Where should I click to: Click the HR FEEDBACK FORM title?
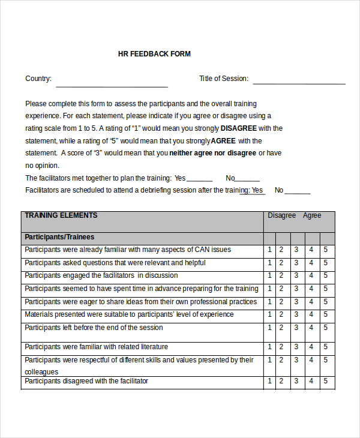coord(154,54)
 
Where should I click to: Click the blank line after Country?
coord(112,85)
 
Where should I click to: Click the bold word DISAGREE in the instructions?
coord(239,128)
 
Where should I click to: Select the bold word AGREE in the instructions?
coord(223,141)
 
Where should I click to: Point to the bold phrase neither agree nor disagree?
coord(213,153)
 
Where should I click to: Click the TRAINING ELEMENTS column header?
coord(61,215)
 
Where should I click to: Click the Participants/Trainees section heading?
coord(59,237)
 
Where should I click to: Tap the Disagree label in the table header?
coord(281,215)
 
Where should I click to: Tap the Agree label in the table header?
coord(312,215)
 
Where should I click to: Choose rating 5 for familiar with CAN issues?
coord(325,250)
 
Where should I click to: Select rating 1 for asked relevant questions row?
coord(270,263)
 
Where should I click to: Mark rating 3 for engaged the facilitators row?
coord(296,276)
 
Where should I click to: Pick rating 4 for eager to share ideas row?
coord(311,302)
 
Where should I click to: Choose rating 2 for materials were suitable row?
coord(281,315)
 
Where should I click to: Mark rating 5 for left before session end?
coord(325,328)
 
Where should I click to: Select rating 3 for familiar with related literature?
coord(296,347)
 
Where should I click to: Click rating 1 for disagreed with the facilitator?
coord(270,382)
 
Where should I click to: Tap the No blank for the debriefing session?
coord(298,192)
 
